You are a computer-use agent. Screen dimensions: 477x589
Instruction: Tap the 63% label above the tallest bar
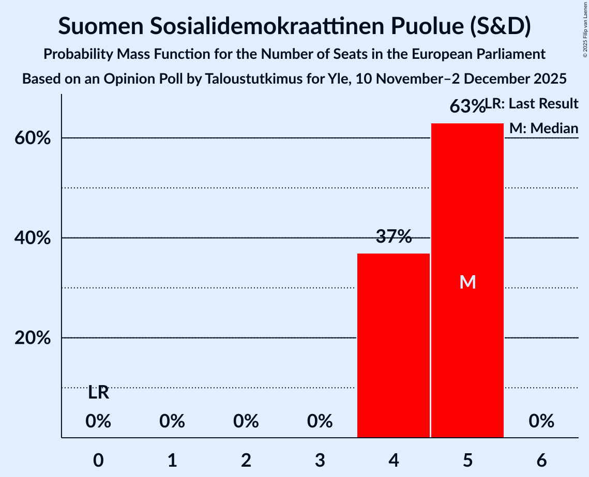coord(466,106)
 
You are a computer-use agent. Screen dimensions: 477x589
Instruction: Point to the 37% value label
coord(394,237)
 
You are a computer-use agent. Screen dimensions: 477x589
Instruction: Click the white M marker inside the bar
coord(467,282)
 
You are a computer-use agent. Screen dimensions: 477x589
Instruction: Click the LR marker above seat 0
coord(98,393)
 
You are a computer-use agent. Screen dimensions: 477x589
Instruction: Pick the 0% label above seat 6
coord(541,421)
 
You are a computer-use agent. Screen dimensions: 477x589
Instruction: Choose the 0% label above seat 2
coord(246,421)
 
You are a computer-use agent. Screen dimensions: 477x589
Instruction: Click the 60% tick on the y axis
coord(36,139)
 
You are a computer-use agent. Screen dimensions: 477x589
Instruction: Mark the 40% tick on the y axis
coord(36,239)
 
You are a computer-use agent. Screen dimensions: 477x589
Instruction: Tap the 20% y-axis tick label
coord(36,338)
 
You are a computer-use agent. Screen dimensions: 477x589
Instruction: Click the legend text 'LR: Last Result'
coord(532,104)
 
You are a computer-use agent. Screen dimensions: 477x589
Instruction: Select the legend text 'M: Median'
coord(543,128)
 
